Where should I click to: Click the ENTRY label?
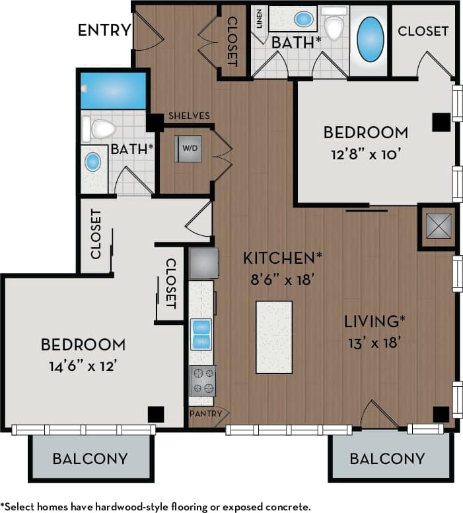(103, 30)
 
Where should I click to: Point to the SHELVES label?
(188, 116)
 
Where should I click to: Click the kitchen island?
(273, 336)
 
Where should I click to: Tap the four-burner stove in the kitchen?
(202, 381)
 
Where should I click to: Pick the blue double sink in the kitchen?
(201, 334)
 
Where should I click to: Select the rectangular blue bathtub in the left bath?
(113, 91)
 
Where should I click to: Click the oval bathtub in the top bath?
(370, 40)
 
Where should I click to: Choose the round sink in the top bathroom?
(304, 19)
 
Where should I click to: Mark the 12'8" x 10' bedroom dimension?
(366, 154)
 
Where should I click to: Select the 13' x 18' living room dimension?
(374, 342)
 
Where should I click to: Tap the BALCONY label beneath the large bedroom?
(90, 458)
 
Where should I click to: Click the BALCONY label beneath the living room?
(387, 458)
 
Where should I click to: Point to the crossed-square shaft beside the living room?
(438, 226)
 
